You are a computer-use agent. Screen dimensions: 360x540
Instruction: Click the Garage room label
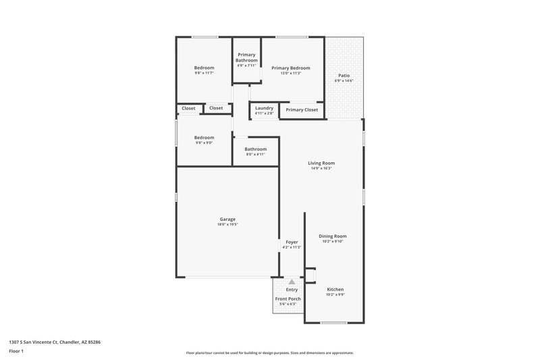tap(227, 219)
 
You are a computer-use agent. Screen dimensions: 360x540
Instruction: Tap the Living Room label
tap(321, 163)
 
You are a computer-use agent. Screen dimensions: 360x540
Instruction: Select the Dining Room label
tap(332, 236)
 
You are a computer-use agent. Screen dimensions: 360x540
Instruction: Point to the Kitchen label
tap(335, 289)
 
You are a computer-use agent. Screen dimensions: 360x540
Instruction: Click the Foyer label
tap(292, 242)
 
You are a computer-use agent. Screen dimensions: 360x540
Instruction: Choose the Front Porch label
tap(288, 299)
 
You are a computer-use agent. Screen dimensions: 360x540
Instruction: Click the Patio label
tap(344, 75)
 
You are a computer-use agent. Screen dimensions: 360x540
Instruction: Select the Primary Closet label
tap(302, 109)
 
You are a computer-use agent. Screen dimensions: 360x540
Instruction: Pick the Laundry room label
tap(264, 108)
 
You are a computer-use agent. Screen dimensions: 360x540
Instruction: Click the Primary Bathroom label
tap(246, 57)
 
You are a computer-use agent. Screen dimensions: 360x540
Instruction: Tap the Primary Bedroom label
tap(291, 68)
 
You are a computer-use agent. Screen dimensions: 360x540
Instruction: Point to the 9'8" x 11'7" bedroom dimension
tap(204, 73)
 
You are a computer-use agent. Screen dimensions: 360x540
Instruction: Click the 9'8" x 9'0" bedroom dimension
tap(204, 143)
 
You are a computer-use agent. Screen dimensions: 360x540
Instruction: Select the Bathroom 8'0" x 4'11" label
tap(255, 154)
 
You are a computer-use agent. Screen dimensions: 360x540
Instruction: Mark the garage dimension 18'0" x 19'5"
tap(227, 224)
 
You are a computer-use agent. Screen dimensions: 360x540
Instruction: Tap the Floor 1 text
tap(17, 352)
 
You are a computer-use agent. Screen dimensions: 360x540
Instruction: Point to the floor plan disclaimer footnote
tap(269, 353)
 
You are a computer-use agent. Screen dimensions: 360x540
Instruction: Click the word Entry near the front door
tap(292, 290)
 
